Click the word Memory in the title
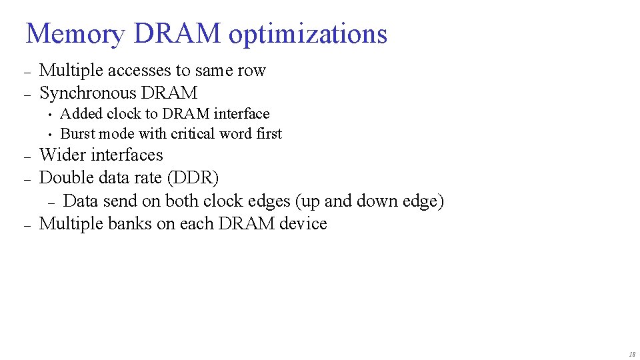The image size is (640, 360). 74,34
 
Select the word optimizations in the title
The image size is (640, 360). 307,34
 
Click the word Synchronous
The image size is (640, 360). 87,93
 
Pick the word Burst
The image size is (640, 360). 77,134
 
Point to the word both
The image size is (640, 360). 182,201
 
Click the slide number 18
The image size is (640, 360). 631,354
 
